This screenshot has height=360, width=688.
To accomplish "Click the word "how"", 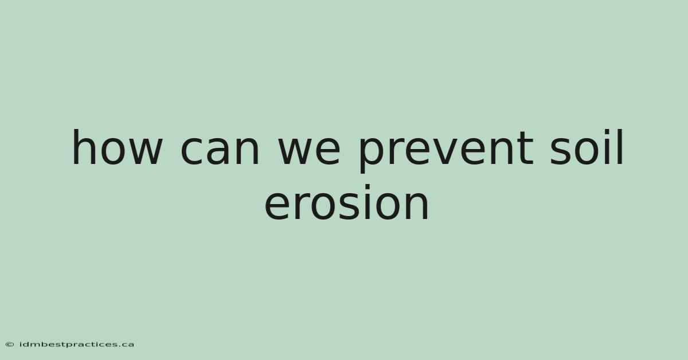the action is [117, 147].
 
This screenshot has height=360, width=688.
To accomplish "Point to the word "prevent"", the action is [447, 151].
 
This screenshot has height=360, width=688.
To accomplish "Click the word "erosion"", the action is [346, 202].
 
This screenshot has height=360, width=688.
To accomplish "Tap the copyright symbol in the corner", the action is [10, 345].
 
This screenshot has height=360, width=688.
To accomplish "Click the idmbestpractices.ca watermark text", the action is [77, 345].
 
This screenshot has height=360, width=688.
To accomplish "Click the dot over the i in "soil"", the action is [609, 132].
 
